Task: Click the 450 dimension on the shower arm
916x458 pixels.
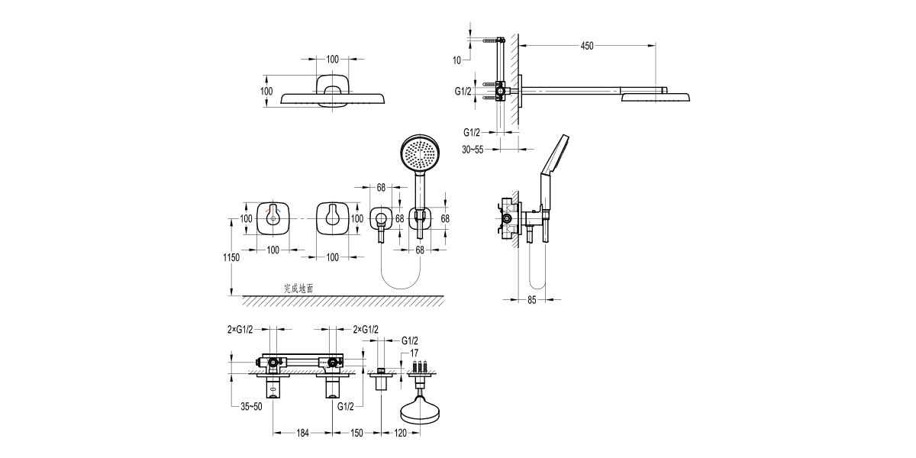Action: pyautogui.click(x=586, y=46)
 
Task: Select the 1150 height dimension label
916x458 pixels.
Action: pyautogui.click(x=232, y=257)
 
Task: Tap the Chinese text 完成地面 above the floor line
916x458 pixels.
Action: pyautogui.click(x=298, y=289)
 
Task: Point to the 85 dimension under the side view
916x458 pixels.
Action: pyautogui.click(x=532, y=300)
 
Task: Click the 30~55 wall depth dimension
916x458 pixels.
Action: pyautogui.click(x=473, y=150)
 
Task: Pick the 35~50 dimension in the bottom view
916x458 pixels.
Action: pyautogui.click(x=252, y=406)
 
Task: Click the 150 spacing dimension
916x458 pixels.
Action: pyautogui.click(x=356, y=434)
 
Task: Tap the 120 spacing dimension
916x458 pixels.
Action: pyautogui.click(x=399, y=434)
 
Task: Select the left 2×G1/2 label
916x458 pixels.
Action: pyautogui.click(x=240, y=329)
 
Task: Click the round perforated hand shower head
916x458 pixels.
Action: pyautogui.click(x=418, y=155)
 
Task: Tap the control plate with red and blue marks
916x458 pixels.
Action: pyautogui.click(x=273, y=218)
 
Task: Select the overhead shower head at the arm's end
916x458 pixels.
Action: pyautogui.click(x=656, y=97)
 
